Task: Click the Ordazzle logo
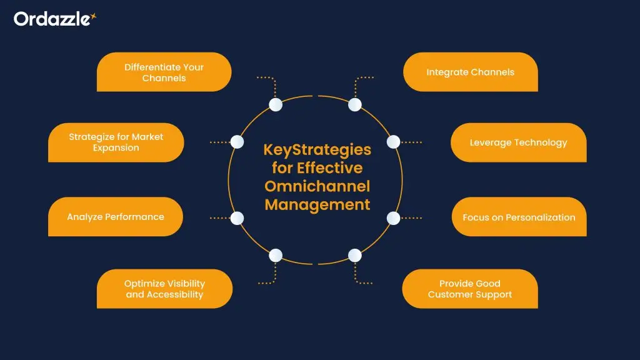54,19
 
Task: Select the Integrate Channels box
470,72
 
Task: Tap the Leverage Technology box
518,142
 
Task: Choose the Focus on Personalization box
519,217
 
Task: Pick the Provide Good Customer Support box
469,289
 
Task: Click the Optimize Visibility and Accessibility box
164,289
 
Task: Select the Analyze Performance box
116,217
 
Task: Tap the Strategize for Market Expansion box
116,142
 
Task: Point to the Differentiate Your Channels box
164,72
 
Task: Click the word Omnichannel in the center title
317,186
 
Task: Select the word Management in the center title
317,204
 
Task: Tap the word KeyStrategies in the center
317,150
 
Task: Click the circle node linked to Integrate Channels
354,104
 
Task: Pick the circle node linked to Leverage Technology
393,142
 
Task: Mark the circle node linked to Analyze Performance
237,218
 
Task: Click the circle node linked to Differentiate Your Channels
276,104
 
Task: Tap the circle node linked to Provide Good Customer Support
354,255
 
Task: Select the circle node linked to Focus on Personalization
393,218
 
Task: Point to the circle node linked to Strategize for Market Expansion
237,142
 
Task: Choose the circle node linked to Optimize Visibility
276,255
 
